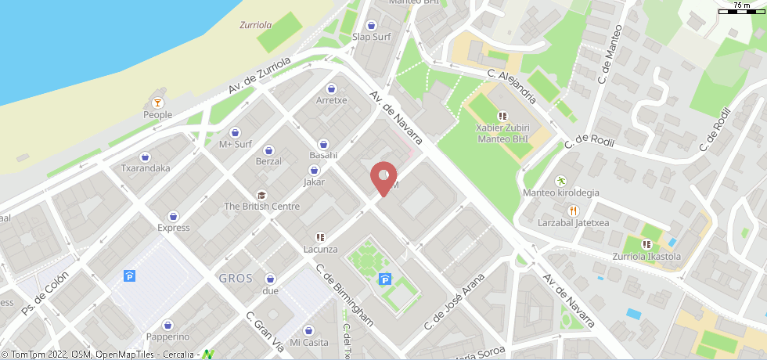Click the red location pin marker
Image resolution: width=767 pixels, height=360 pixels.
pos(383,176)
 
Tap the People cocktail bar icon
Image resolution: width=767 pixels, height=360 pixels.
pos(157,102)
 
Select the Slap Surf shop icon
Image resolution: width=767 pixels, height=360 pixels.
pos(372,23)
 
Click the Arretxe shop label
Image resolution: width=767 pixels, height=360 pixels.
pos(331,100)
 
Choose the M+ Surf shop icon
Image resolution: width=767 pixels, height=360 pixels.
pos(235,131)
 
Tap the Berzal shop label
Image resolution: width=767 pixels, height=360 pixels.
pos(268,161)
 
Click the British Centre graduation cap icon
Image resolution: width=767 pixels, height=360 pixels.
pos(261,194)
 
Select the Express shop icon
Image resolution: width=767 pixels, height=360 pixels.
pos(173,216)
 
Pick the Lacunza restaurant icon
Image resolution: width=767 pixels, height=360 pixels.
pos(320,237)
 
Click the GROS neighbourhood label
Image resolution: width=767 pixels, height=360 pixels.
pos(236,278)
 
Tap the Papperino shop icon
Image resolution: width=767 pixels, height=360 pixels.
pos(167,325)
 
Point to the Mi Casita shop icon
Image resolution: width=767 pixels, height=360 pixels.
pos(308,330)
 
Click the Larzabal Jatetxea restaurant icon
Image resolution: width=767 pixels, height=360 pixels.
pos(573,211)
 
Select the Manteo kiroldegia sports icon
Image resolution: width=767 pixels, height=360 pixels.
pos(560,181)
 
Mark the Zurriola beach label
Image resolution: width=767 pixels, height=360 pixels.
pos(255,25)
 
